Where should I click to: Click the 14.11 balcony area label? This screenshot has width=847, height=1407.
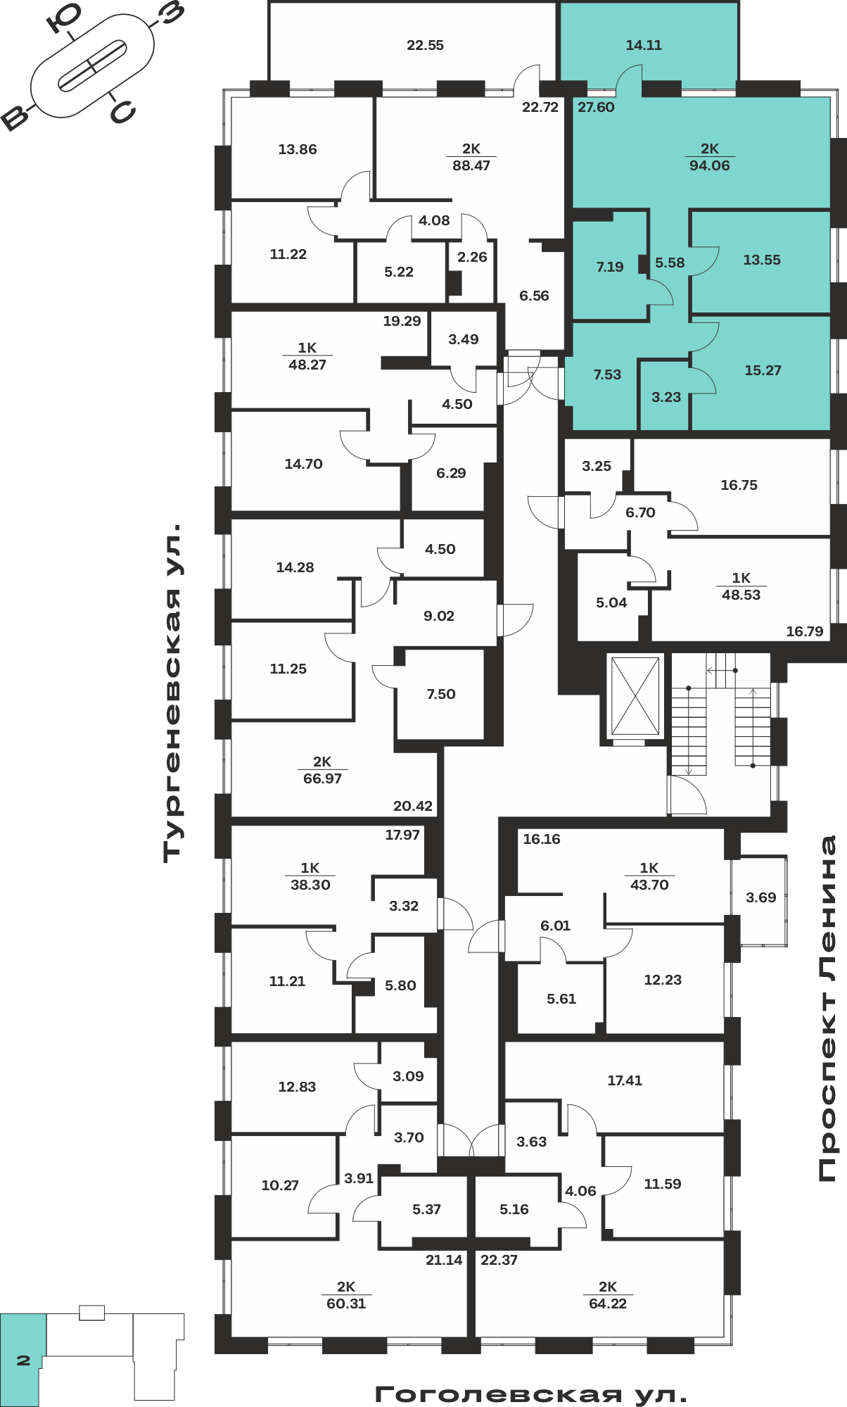(644, 45)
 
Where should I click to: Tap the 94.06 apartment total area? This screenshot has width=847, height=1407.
(709, 165)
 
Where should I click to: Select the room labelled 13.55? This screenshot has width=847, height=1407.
(762, 260)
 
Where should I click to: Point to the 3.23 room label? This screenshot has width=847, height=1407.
(666, 397)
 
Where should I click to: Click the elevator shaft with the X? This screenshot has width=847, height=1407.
(635, 696)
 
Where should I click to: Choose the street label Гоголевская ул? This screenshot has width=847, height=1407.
(530, 1394)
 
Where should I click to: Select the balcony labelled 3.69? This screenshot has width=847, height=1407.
(760, 897)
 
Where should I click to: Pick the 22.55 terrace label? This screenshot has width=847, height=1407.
(425, 45)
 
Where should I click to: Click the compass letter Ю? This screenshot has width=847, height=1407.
(64, 18)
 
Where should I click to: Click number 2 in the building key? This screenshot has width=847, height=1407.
(23, 1361)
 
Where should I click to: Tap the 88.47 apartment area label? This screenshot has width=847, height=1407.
(471, 165)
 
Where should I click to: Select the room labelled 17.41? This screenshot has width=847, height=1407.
(625, 1080)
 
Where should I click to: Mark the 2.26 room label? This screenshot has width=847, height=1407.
(472, 257)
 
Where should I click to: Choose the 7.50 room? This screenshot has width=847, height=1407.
(441, 694)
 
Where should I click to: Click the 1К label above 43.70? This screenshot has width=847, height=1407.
(649, 868)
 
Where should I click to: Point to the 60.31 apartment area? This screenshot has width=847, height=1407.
(346, 1304)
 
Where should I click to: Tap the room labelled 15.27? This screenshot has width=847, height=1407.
(763, 370)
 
